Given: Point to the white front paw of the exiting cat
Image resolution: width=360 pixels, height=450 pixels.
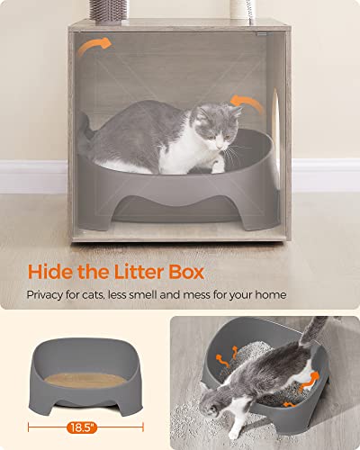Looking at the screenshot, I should pyautogui.click(x=232, y=430).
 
